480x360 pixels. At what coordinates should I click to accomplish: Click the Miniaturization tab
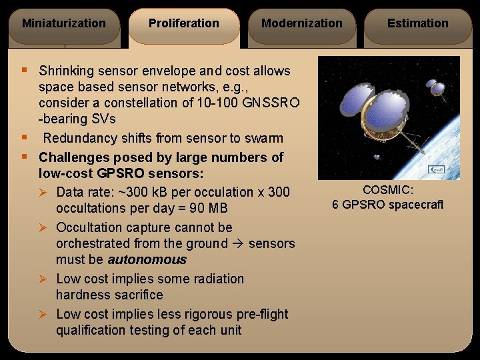coord(63,24)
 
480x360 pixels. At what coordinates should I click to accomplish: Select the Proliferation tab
coord(183,24)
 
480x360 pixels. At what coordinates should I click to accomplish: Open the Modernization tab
coord(301,24)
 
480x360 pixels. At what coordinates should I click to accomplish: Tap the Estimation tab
coord(418,24)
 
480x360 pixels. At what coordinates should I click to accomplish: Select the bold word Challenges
coord(73,157)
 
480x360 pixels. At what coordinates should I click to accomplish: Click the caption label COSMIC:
coord(387,191)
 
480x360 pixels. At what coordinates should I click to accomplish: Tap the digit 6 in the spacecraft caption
coord(335,205)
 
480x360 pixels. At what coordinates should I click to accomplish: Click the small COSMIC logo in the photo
coord(436,170)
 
